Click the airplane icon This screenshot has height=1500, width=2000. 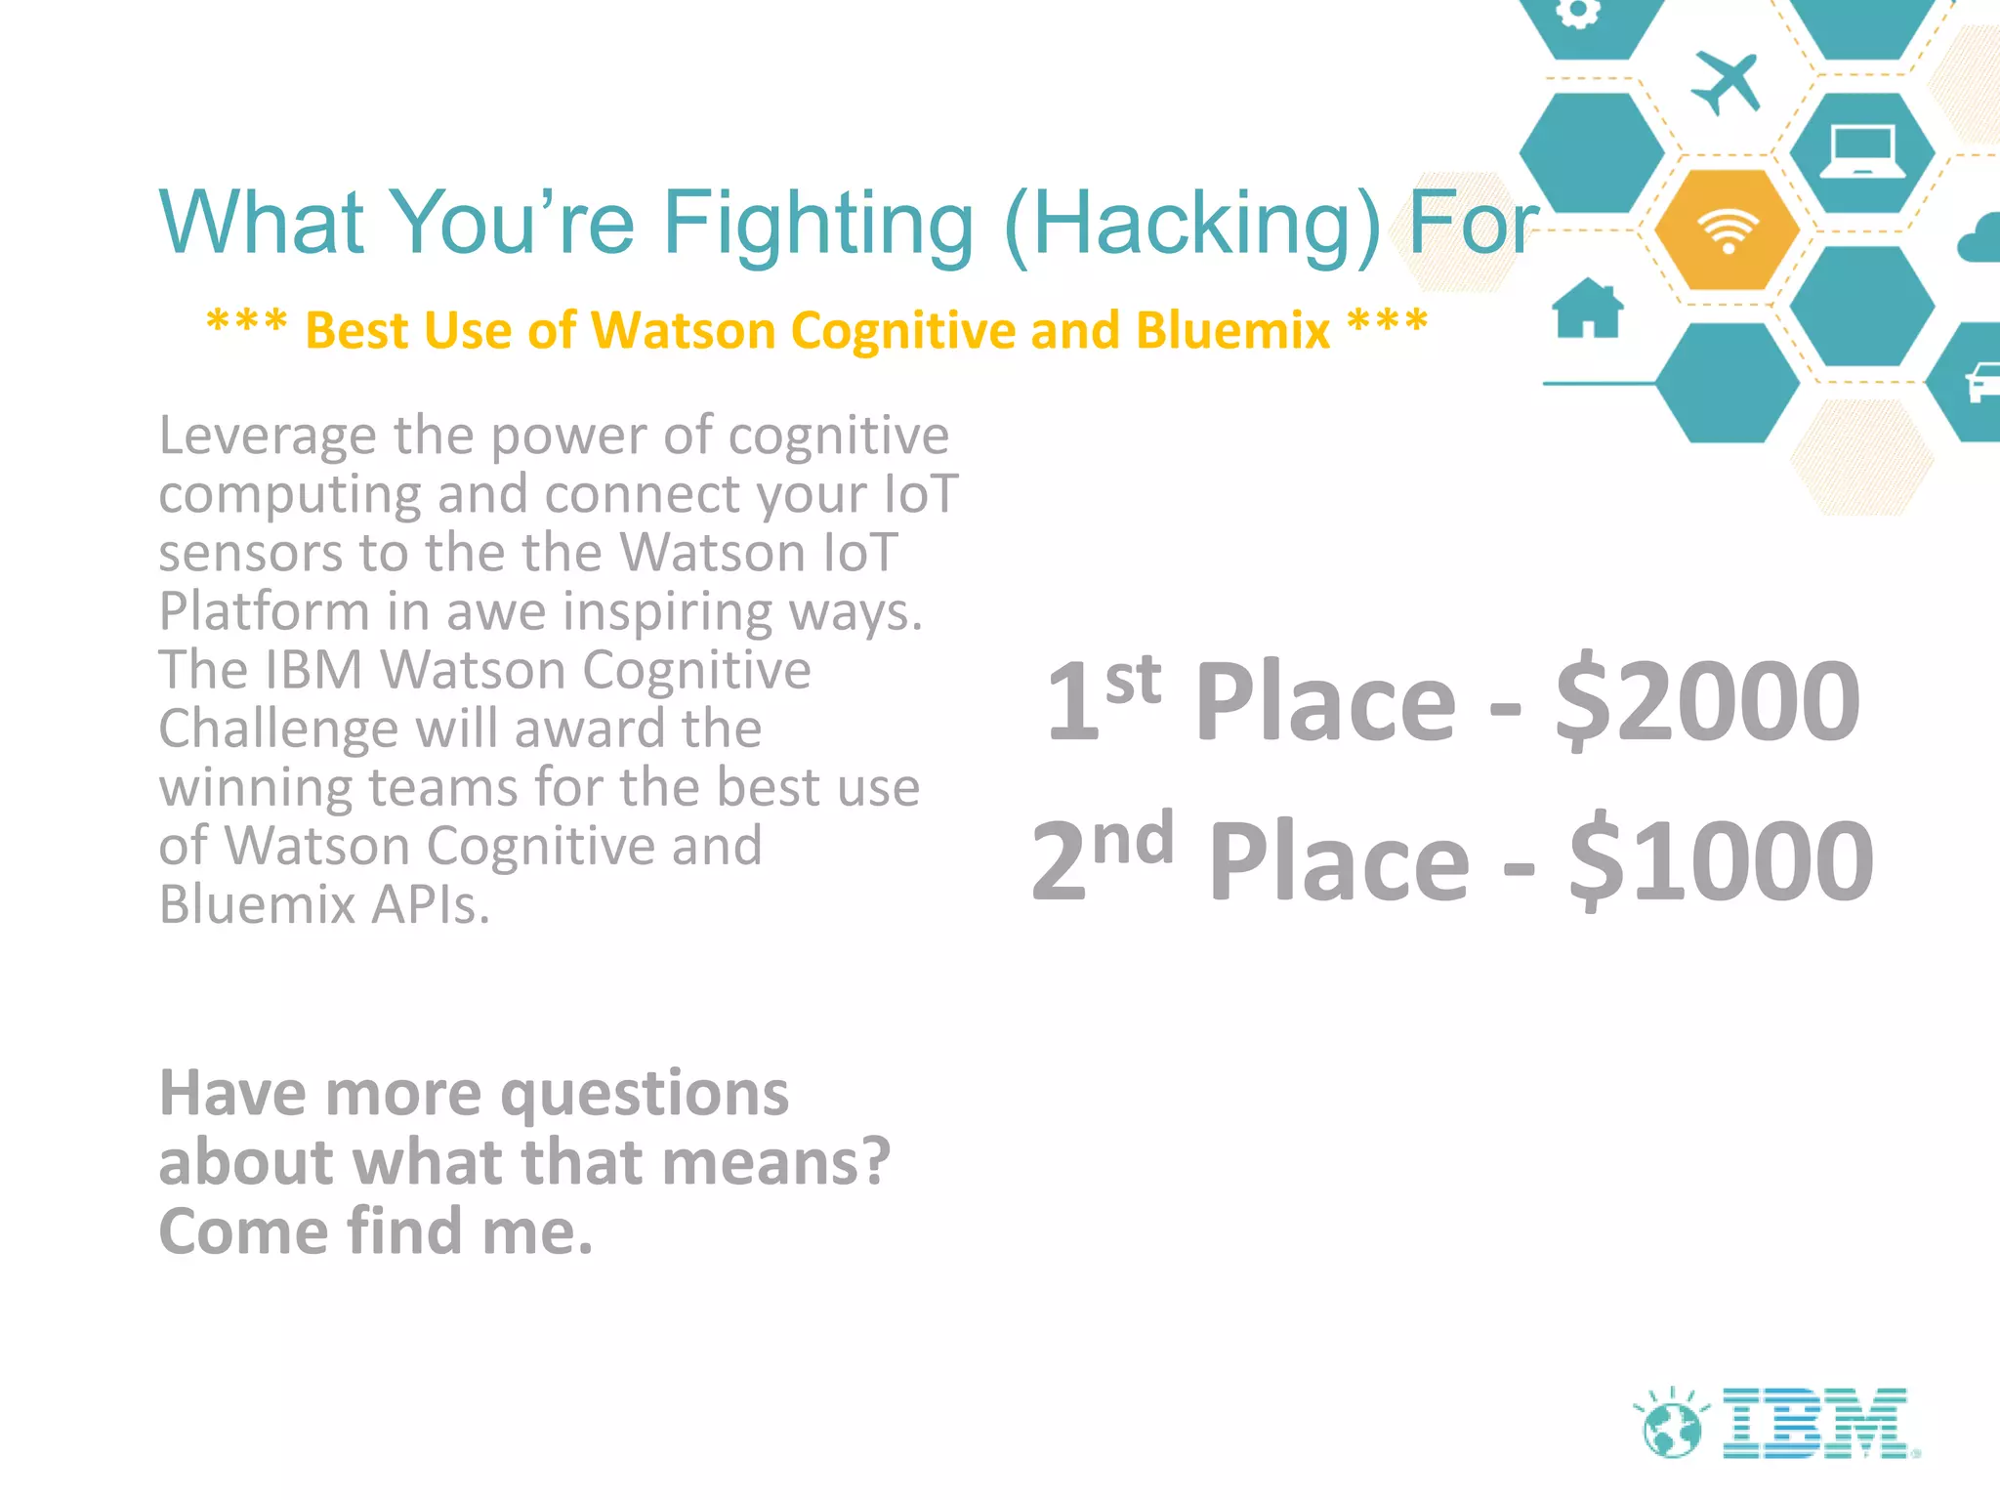[1726, 82]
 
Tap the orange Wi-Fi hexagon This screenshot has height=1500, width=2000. [1728, 230]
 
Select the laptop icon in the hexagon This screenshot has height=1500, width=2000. [1862, 152]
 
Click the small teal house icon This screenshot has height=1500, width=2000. [1588, 309]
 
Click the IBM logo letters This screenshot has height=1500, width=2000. [1815, 1423]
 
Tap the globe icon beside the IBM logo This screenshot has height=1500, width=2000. [1672, 1428]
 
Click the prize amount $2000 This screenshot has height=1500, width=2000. [1708, 701]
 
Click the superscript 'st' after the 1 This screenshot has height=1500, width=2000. [1133, 680]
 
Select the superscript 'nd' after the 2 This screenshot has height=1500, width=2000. [1133, 839]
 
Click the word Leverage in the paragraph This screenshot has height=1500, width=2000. [267, 437]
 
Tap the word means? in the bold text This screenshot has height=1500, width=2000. [787, 1163]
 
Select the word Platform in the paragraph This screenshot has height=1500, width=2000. [264, 612]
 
